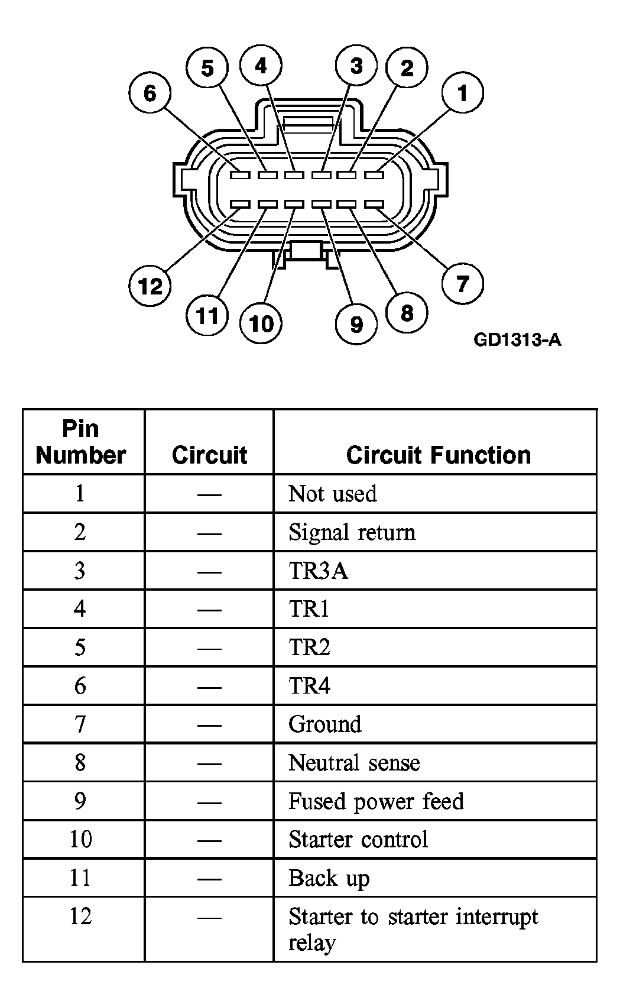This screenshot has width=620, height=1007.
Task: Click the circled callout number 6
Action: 150,93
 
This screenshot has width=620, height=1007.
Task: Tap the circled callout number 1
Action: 462,93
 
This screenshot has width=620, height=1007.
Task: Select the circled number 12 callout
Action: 150,286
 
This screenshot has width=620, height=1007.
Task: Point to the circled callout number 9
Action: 356,323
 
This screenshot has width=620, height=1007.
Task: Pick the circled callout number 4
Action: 261,66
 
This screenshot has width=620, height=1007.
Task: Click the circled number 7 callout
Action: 462,284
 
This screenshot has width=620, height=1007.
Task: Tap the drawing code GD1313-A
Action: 517,340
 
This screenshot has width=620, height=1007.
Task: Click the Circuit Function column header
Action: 439,455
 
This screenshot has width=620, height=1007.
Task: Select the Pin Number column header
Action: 81,442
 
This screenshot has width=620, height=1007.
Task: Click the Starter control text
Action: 358,839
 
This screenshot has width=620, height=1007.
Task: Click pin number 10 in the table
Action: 81,839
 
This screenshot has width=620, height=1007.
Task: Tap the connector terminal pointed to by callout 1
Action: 374,175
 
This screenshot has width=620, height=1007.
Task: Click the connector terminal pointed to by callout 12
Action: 240,205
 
